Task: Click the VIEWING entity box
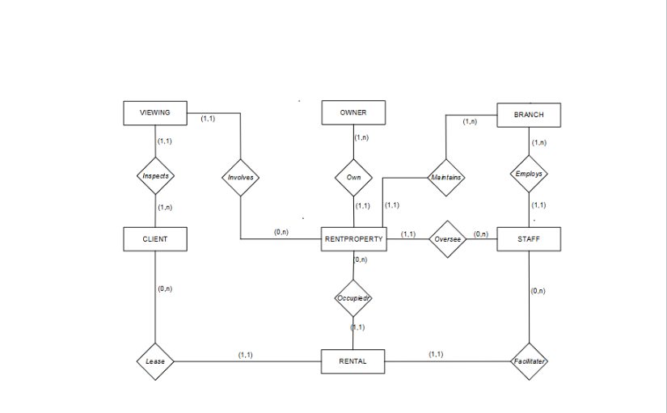tap(154, 113)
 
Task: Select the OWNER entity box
tap(353, 113)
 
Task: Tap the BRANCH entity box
tap(529, 115)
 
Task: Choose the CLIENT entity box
tap(154, 239)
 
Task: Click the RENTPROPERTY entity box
tap(353, 239)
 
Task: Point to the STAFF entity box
tap(529, 239)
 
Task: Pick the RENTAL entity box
tap(353, 361)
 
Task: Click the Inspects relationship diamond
tap(154, 175)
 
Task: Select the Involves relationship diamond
tap(241, 176)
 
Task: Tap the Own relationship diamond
tap(353, 176)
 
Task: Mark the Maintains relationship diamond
tap(445, 176)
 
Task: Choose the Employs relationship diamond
tap(529, 174)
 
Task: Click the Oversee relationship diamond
tap(447, 239)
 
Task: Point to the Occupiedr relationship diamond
tap(353, 298)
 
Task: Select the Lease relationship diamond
tap(154, 361)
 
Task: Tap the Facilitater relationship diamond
tap(530, 361)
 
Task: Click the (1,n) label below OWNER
tap(362, 137)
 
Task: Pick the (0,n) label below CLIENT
tap(164, 289)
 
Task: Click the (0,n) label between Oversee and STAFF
tap(480, 234)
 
